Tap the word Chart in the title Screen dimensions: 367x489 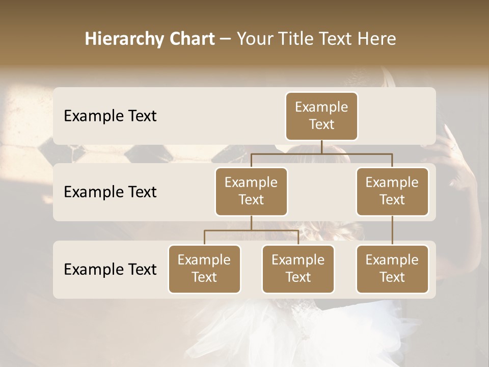[192, 39]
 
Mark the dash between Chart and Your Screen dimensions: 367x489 [226, 39]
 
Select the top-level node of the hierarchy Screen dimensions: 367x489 [321, 116]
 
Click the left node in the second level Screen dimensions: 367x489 [251, 192]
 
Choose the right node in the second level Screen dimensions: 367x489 [392, 192]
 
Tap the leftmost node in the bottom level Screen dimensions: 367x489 [204, 269]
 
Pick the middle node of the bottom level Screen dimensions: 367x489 [298, 269]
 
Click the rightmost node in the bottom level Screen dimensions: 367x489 [392, 269]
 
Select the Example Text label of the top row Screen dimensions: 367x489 [110, 116]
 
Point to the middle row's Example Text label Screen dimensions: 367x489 [110, 192]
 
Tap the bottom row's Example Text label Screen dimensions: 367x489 [110, 270]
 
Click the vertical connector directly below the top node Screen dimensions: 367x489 [321, 147]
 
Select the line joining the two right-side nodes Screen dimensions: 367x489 [392, 230]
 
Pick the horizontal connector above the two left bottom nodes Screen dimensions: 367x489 [229, 230]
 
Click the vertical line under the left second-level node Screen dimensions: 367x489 [251, 223]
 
